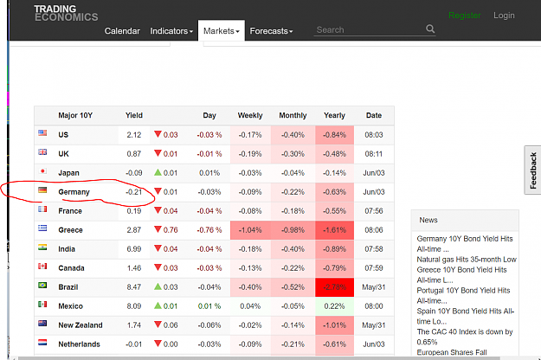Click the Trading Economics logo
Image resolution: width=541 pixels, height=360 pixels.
66,13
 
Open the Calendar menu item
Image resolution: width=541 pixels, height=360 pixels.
122,31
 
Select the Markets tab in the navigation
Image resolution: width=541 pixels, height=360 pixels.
222,31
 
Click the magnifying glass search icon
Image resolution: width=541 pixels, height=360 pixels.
430,29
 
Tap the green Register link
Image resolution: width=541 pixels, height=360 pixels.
465,16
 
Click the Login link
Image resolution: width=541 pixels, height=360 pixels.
504,16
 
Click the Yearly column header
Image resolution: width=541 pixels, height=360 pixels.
334,115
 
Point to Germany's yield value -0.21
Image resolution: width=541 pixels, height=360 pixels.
134,192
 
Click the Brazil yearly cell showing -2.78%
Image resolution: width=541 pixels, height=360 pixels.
334,287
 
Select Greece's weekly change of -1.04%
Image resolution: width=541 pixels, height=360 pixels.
250,230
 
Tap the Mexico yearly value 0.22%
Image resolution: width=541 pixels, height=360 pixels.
334,306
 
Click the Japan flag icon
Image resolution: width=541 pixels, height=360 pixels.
42,171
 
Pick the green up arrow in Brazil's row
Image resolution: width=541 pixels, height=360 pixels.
158,286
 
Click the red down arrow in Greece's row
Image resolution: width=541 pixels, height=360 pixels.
158,229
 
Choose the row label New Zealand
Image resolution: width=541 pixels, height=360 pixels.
81,325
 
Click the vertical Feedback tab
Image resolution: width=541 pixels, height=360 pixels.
532,170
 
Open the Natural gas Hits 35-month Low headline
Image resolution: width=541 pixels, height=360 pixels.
467,260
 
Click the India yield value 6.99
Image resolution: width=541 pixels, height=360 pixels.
134,249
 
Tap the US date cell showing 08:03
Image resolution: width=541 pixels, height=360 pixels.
374,135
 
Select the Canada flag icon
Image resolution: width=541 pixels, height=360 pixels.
42,267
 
